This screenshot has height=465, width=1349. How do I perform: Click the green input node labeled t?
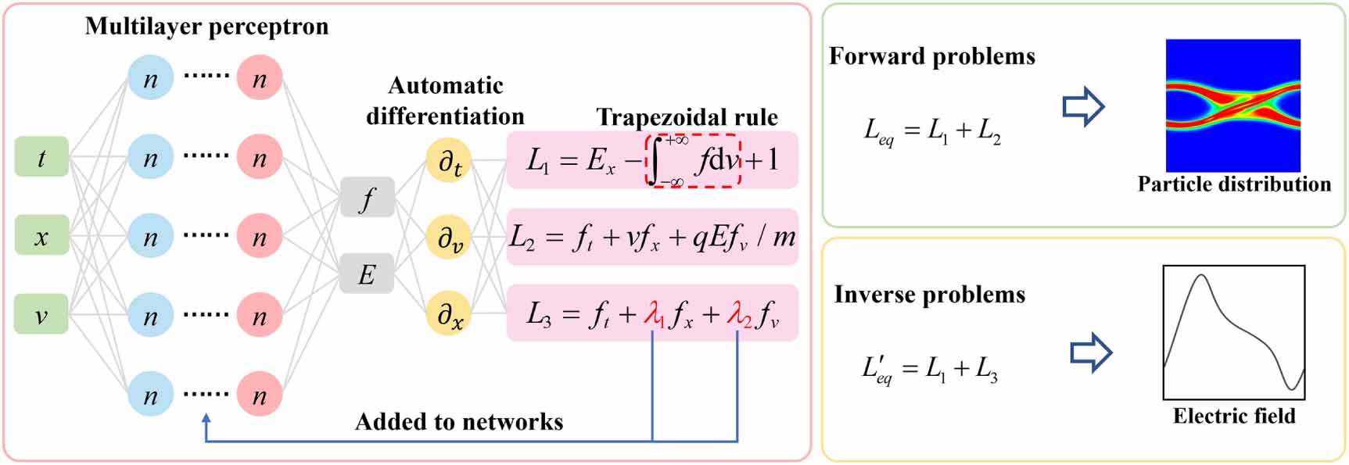41,156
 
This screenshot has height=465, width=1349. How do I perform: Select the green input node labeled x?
41,235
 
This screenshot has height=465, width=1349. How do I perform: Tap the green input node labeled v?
41,314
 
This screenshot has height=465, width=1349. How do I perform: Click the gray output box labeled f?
367,198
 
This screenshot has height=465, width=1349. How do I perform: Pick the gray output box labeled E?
367,274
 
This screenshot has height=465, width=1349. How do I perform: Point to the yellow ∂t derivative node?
449,161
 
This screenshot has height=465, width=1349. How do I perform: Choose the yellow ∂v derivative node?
449,238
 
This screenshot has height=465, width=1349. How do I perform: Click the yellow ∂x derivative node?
449,314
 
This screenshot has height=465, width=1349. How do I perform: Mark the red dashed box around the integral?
693,161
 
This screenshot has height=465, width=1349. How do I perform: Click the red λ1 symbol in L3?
654,314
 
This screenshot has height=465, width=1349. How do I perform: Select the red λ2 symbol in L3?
738,314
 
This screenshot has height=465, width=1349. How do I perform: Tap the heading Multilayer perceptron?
206,27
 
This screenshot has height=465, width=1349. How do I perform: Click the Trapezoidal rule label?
687,117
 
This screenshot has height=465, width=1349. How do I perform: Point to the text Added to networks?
459,422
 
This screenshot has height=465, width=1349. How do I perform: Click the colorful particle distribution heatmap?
1233,106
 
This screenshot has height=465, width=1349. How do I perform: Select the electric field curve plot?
1234,333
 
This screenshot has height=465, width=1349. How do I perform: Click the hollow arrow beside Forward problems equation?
1083,106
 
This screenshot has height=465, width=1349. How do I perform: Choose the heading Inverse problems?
929,295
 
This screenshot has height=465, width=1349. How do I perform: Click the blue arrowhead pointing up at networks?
206,420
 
